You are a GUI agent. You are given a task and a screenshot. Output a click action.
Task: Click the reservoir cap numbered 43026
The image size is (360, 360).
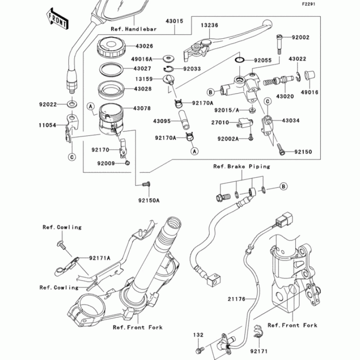(x=111, y=48)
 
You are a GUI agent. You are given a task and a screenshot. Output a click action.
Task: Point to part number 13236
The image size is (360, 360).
(x=210, y=25)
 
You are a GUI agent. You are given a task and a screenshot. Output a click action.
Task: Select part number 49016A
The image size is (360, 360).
(x=145, y=59)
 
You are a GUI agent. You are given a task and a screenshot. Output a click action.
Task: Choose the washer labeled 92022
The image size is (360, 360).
(x=72, y=105)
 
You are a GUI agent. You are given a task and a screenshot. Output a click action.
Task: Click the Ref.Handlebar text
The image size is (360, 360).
(x=134, y=29)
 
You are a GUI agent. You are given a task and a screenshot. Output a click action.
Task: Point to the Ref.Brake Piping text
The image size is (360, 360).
(x=242, y=166)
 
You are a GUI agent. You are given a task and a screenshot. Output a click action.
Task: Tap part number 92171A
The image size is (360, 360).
(x=100, y=258)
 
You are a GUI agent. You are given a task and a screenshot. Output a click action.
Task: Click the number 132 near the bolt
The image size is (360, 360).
(x=199, y=335)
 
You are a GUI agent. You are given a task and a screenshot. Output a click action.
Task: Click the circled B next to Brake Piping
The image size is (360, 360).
(x=283, y=186)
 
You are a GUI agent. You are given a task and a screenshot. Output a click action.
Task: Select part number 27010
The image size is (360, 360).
(x=220, y=122)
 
